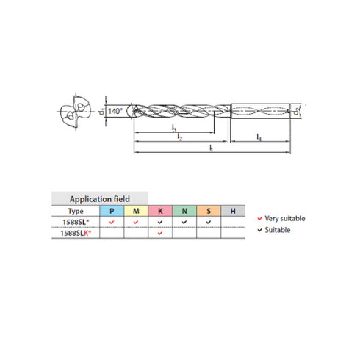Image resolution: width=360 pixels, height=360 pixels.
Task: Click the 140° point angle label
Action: click(115, 111)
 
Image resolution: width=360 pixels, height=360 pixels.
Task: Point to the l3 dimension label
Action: click(173, 129)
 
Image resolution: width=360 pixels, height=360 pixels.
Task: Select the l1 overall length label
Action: click(211, 148)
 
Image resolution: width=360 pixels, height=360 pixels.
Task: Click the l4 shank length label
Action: click(259, 137)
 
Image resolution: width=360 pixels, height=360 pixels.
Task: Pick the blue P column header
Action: click(111, 210)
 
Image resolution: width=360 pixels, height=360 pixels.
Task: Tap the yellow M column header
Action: click(135, 210)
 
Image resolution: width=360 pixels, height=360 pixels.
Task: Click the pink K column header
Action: click(159, 210)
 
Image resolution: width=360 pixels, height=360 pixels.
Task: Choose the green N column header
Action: click(184, 210)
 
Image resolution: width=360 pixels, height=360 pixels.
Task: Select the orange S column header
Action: click(209, 210)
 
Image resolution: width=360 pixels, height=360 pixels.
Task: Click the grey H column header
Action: click(233, 210)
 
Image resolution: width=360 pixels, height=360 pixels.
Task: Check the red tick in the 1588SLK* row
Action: click(159, 233)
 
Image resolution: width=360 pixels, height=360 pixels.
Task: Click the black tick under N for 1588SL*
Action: click(184, 221)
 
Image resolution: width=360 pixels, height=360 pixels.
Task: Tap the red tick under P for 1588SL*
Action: click(111, 221)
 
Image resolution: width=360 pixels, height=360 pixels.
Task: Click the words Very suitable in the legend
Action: click(287, 218)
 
